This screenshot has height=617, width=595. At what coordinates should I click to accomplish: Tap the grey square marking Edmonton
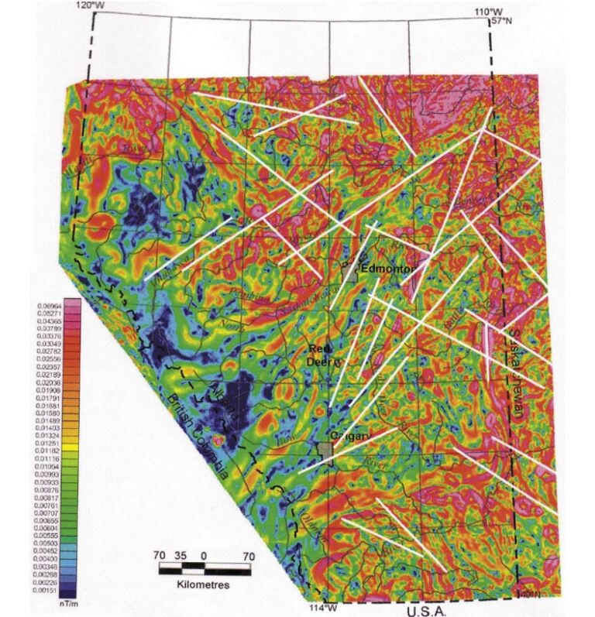[x=351, y=271]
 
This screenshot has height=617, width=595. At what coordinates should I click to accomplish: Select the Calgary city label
[x=346, y=436]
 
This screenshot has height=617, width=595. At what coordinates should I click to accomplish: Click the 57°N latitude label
[x=502, y=22]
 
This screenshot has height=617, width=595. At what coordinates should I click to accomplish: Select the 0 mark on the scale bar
[x=203, y=556]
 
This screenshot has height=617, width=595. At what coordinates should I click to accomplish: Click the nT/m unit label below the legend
[x=71, y=602]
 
